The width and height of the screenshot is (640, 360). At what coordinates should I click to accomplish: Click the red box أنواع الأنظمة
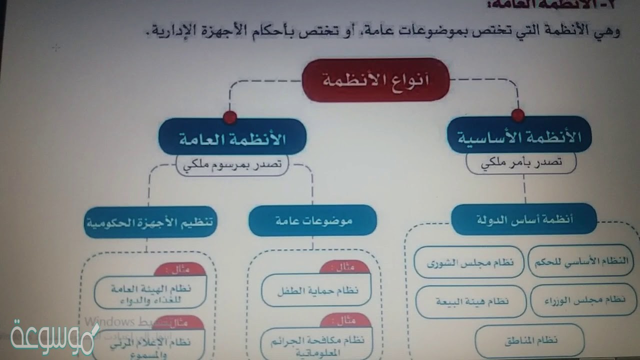click(376, 80)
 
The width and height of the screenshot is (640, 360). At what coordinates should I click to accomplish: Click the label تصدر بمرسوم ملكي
click(232, 165)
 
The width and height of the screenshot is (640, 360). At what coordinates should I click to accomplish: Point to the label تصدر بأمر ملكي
click(521, 162)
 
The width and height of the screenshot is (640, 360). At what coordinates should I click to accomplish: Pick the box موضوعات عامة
click(313, 220)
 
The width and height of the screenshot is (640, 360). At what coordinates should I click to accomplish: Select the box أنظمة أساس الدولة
click(523, 219)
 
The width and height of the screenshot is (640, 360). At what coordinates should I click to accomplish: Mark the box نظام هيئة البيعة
click(471, 301)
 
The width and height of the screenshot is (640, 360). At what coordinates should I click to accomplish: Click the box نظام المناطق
click(529, 340)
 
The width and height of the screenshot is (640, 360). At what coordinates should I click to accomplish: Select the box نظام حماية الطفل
click(317, 290)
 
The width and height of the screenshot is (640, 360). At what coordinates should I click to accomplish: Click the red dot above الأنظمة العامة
click(230, 117)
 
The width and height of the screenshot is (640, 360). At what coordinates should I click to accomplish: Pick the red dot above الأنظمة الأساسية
click(518, 115)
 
